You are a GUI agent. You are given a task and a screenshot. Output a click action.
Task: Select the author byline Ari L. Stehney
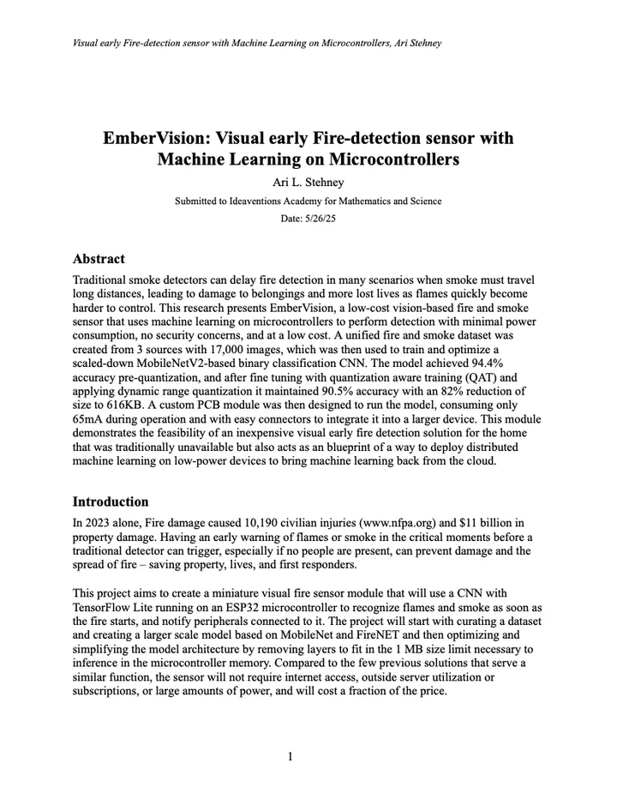[308, 182]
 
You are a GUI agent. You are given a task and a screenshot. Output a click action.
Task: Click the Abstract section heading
[99, 259]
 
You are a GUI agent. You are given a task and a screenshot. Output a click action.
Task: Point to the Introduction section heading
[111, 502]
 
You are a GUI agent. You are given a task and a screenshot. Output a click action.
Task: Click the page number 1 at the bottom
[291, 756]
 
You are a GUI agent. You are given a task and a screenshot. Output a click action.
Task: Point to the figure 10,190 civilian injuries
[258, 522]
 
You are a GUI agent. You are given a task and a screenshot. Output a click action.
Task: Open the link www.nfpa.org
[406, 522]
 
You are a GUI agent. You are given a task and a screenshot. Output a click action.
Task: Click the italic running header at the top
[257, 43]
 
